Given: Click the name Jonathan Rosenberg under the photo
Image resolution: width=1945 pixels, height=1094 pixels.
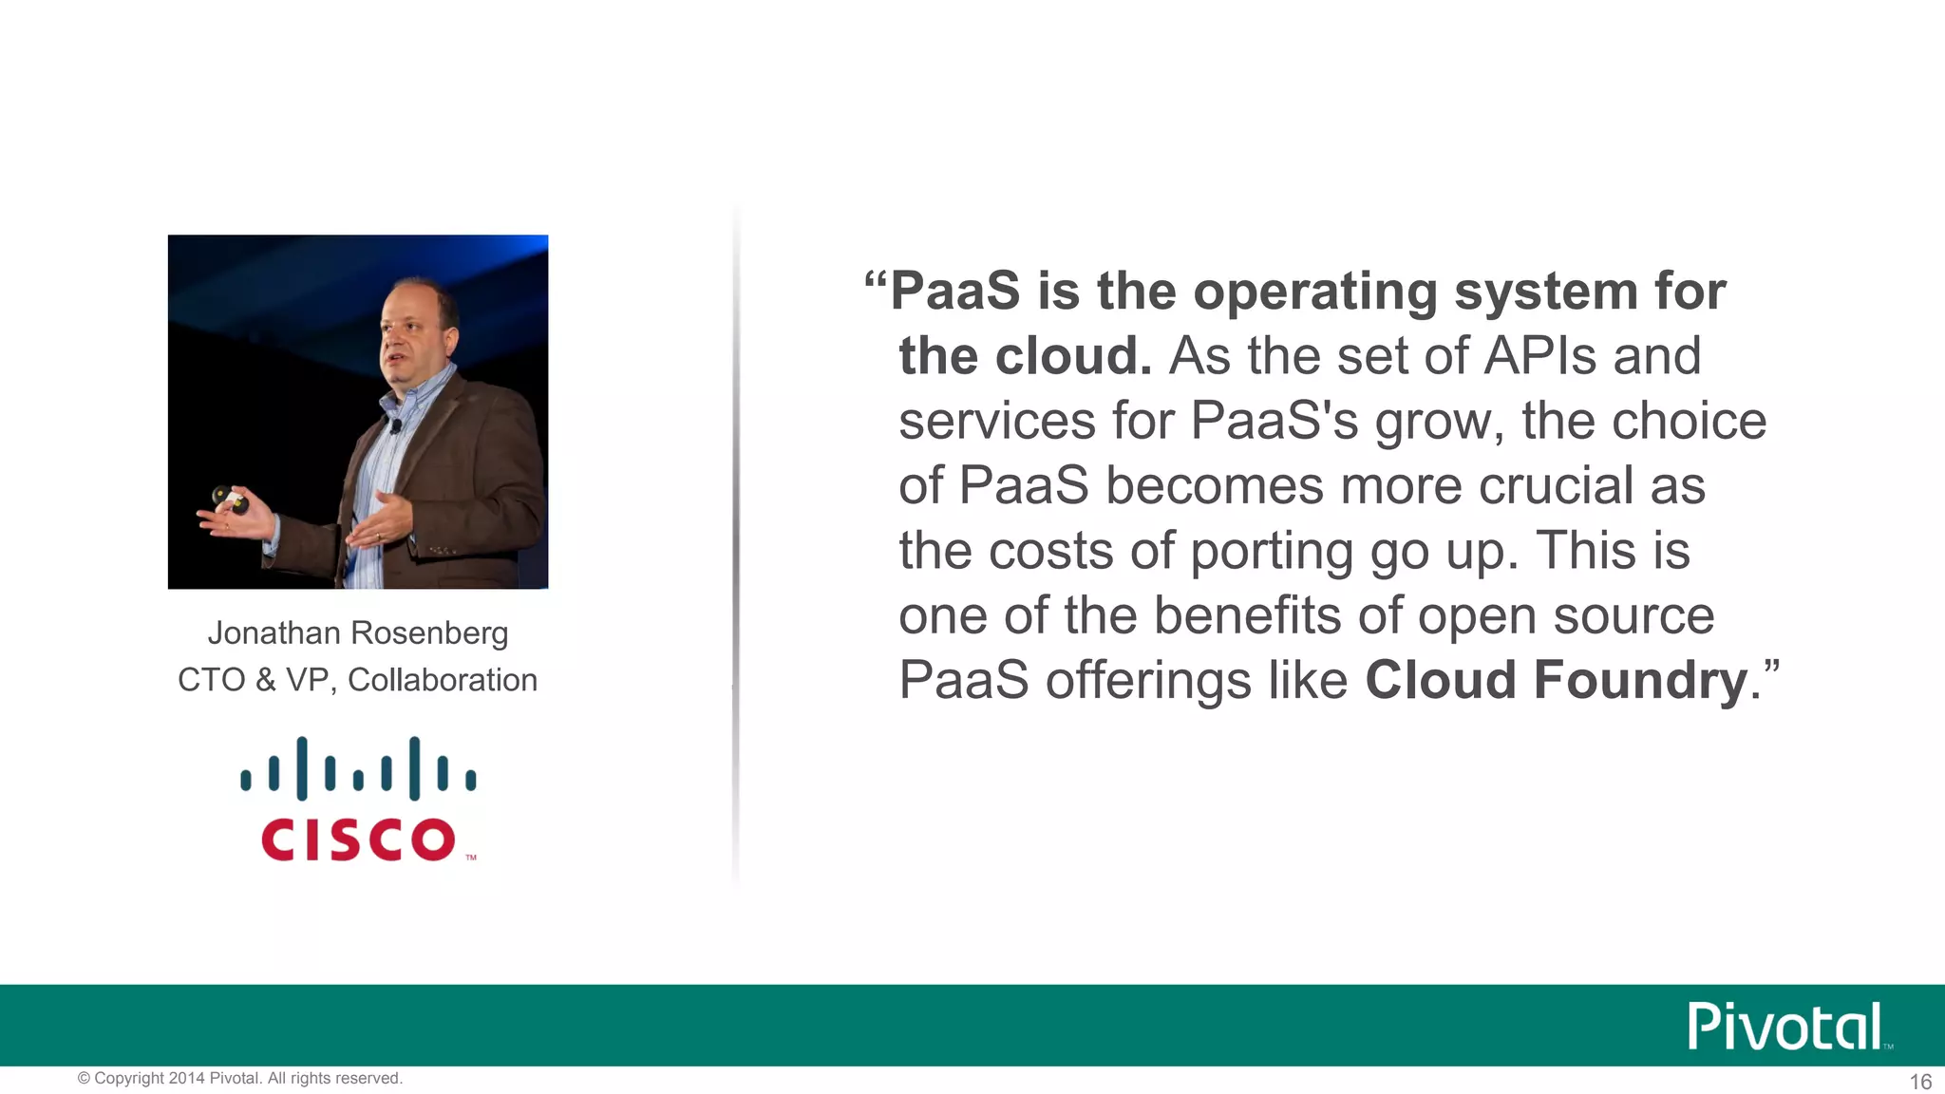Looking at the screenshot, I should click(x=358, y=633).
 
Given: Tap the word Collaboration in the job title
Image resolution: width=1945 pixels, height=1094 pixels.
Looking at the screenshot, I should click(x=443, y=680).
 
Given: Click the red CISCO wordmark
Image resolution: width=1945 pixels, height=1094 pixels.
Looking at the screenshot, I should click(x=358, y=839).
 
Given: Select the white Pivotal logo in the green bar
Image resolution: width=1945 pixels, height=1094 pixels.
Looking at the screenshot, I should click(x=1785, y=1026).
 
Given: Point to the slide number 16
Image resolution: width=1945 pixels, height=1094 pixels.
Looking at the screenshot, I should click(x=1920, y=1082).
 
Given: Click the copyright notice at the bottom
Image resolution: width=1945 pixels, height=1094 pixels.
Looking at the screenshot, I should click(x=240, y=1079).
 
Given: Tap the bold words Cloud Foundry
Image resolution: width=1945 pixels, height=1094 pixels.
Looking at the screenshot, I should click(x=1557, y=680).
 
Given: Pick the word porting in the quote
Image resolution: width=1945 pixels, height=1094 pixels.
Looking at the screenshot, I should click(x=1272, y=551).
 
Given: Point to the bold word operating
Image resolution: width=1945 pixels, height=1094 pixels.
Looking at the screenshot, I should click(x=1315, y=291).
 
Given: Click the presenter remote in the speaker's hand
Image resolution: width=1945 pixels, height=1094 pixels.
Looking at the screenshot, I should click(x=229, y=498).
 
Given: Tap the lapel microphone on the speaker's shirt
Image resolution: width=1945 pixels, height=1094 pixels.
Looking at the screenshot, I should click(x=395, y=424).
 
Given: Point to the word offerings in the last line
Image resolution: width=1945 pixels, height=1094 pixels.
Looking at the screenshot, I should click(x=1197, y=681).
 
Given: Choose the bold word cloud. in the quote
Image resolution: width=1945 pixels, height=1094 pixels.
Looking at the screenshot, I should click(x=1072, y=356).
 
